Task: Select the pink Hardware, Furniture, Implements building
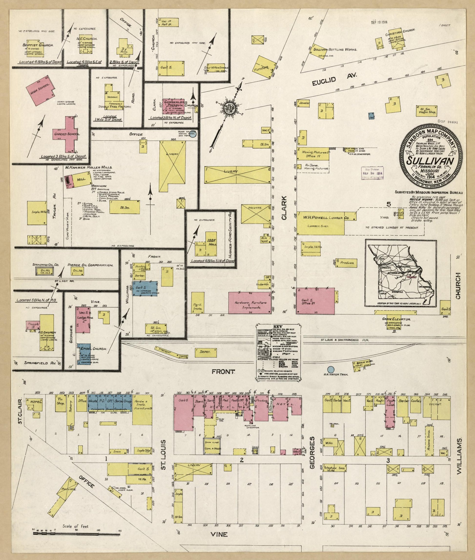(250, 303)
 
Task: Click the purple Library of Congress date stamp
(373, 174)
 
